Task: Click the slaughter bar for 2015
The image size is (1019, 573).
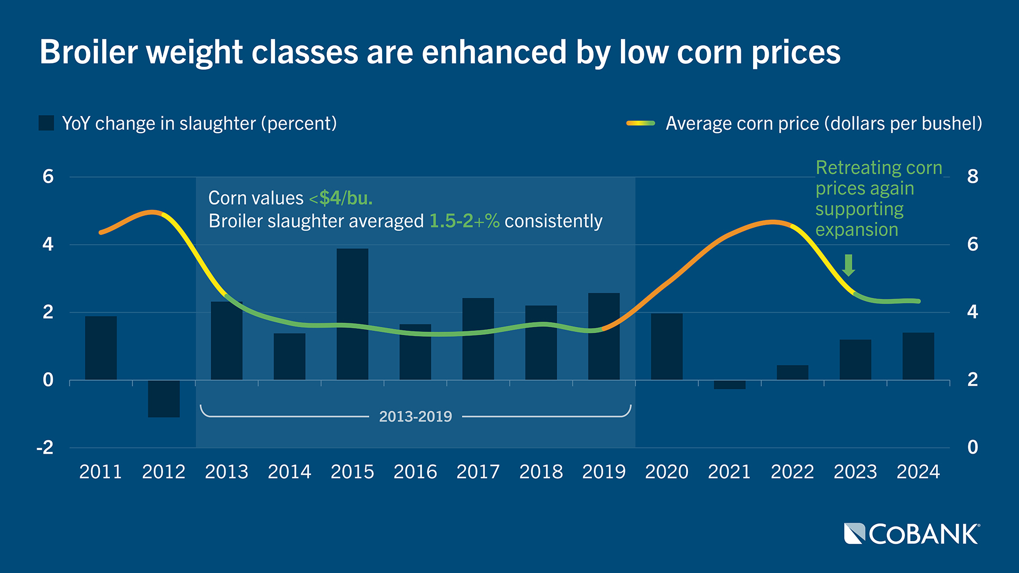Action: (352, 314)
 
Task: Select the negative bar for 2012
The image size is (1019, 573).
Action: (163, 398)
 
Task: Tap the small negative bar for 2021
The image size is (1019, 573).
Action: (729, 385)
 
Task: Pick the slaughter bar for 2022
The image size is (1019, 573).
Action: (792, 372)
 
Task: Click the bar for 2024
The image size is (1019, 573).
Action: (918, 356)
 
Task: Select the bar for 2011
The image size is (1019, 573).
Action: (101, 348)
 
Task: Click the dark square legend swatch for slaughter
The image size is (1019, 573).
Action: (46, 123)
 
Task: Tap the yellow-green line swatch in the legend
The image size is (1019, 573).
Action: (640, 123)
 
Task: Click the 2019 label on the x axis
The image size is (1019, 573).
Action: (603, 472)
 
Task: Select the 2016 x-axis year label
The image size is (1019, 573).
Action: (415, 472)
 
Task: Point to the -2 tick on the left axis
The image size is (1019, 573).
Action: (45, 448)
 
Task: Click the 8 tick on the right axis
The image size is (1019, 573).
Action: (972, 176)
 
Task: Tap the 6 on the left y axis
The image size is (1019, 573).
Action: (48, 176)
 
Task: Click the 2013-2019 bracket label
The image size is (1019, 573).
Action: (415, 416)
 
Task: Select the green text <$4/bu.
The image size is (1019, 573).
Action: (341, 198)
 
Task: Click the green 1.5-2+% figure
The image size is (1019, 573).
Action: (464, 221)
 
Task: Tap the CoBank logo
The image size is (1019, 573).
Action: (911, 534)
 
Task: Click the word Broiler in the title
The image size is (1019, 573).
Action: (89, 52)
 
